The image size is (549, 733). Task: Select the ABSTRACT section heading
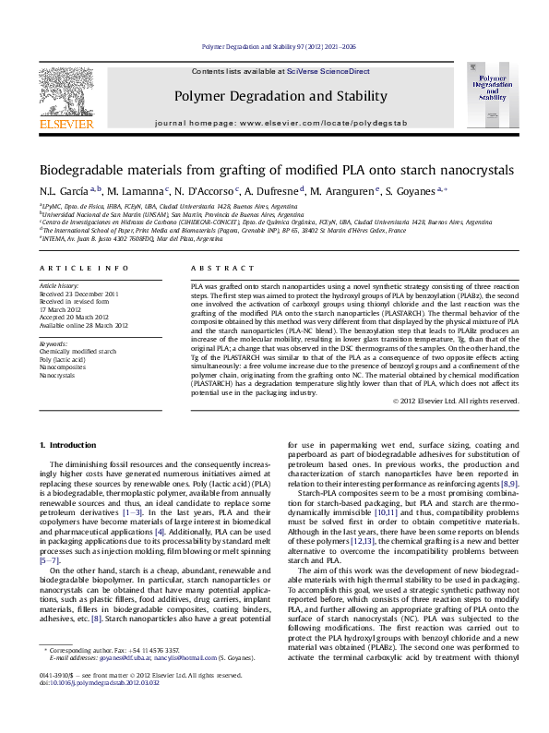213,268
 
